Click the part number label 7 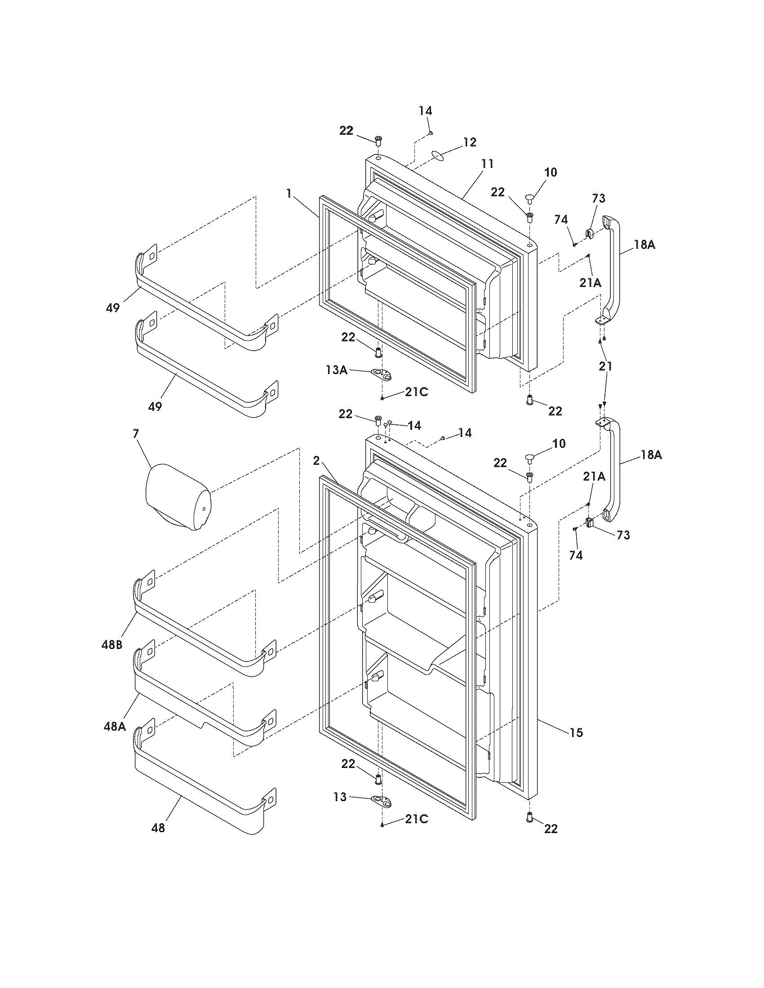[x=135, y=433]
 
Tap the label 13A [x=336, y=370]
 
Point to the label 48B [x=112, y=645]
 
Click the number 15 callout [x=576, y=732]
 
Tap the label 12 [x=470, y=142]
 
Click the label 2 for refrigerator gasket [x=316, y=460]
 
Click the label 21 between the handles [x=605, y=366]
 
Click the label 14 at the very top [x=425, y=111]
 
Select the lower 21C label [x=416, y=819]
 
